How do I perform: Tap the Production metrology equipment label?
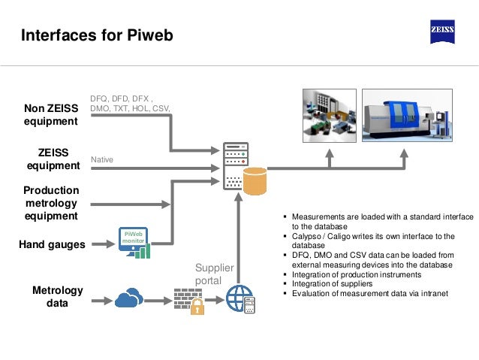click(52, 203)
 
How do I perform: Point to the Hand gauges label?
click(52, 244)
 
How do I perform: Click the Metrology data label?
click(58, 297)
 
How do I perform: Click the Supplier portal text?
click(214, 274)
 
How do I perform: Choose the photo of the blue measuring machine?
click(409, 113)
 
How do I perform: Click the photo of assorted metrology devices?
click(327, 113)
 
